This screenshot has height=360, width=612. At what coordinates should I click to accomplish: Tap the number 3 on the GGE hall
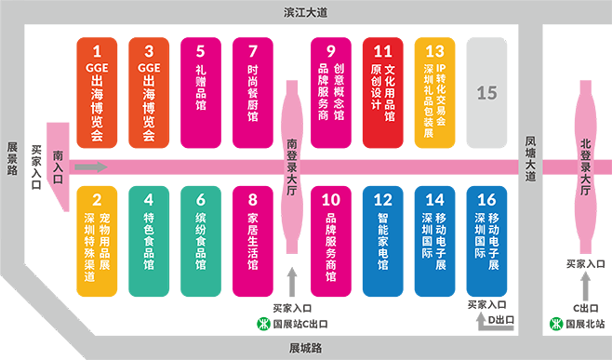pyautogui.click(x=149, y=51)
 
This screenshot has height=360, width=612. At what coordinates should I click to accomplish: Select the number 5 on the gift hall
pyautogui.click(x=200, y=51)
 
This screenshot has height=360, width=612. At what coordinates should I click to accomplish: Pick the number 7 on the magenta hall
pyautogui.click(x=252, y=51)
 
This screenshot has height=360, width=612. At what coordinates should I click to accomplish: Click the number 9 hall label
pyautogui.click(x=330, y=51)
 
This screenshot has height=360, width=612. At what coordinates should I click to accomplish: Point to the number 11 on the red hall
pyautogui.click(x=382, y=51)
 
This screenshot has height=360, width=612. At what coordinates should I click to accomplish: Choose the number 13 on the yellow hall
pyautogui.click(x=434, y=51)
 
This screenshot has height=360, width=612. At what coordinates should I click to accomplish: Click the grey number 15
pyautogui.click(x=487, y=92)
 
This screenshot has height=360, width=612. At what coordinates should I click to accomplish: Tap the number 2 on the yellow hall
pyautogui.click(x=97, y=198)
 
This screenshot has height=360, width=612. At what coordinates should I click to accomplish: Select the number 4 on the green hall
pyautogui.click(x=149, y=198)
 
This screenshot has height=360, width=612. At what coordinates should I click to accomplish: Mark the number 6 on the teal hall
pyautogui.click(x=200, y=198)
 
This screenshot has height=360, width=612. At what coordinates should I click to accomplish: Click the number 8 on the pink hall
pyautogui.click(x=252, y=198)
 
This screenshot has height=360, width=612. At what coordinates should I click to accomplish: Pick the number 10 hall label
pyautogui.click(x=330, y=198)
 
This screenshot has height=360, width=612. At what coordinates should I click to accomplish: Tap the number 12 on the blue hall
pyautogui.click(x=382, y=198)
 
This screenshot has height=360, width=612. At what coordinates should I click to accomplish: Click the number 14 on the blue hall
pyautogui.click(x=434, y=198)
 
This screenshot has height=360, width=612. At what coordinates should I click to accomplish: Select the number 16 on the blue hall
pyautogui.click(x=486, y=198)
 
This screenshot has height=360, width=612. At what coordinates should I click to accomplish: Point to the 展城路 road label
pyautogui.click(x=305, y=348)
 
